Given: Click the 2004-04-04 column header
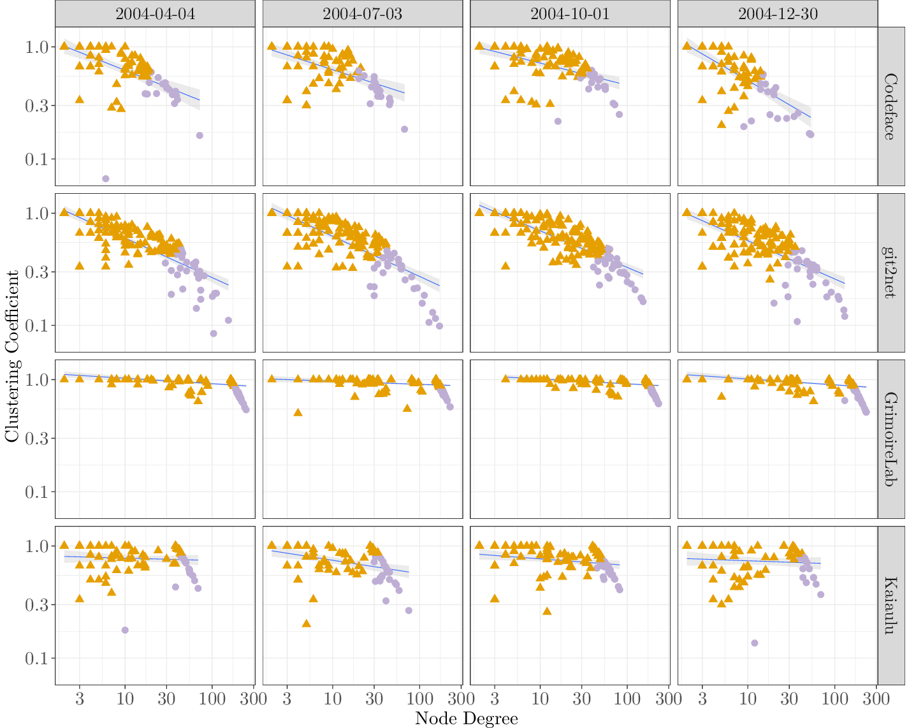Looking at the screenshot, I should click(155, 14).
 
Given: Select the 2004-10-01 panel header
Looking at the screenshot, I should click(570, 14).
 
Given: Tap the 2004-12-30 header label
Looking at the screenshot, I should click(778, 14).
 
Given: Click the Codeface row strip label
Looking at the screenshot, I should click(891, 106).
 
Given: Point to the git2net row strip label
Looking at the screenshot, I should click(891, 273).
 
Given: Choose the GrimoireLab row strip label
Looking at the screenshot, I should click(891, 439).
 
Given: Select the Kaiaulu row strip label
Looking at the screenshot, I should click(891, 606).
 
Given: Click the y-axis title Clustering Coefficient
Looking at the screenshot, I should click(12, 356).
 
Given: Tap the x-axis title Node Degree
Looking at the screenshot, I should click(466, 718).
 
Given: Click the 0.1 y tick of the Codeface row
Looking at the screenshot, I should click(37, 159).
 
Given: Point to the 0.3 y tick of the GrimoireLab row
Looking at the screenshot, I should click(37, 439).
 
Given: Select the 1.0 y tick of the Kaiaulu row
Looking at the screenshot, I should click(37, 546).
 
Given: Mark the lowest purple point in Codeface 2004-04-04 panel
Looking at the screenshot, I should click(106, 178).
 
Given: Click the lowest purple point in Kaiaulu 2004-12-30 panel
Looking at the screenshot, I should click(755, 643).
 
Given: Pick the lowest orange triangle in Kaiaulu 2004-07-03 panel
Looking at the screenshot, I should click(306, 623).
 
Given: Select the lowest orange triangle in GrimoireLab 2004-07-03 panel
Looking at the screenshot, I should click(298, 412).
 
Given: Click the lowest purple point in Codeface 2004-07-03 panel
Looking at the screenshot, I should click(404, 129).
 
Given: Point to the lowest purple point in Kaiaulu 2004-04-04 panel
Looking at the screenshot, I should click(125, 630).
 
